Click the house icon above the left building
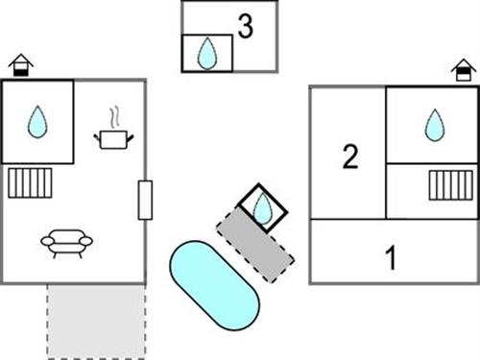(x=20, y=65)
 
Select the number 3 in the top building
(x=246, y=27)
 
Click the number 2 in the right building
(x=350, y=156)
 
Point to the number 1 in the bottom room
(x=391, y=257)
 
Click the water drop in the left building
(x=37, y=122)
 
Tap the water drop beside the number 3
(x=207, y=54)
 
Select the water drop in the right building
(x=435, y=125)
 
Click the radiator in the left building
(x=29, y=182)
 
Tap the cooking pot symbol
(x=113, y=139)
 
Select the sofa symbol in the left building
(x=66, y=242)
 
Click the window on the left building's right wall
(x=145, y=199)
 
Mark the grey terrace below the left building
(x=96, y=320)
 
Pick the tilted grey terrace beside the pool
(x=254, y=245)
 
